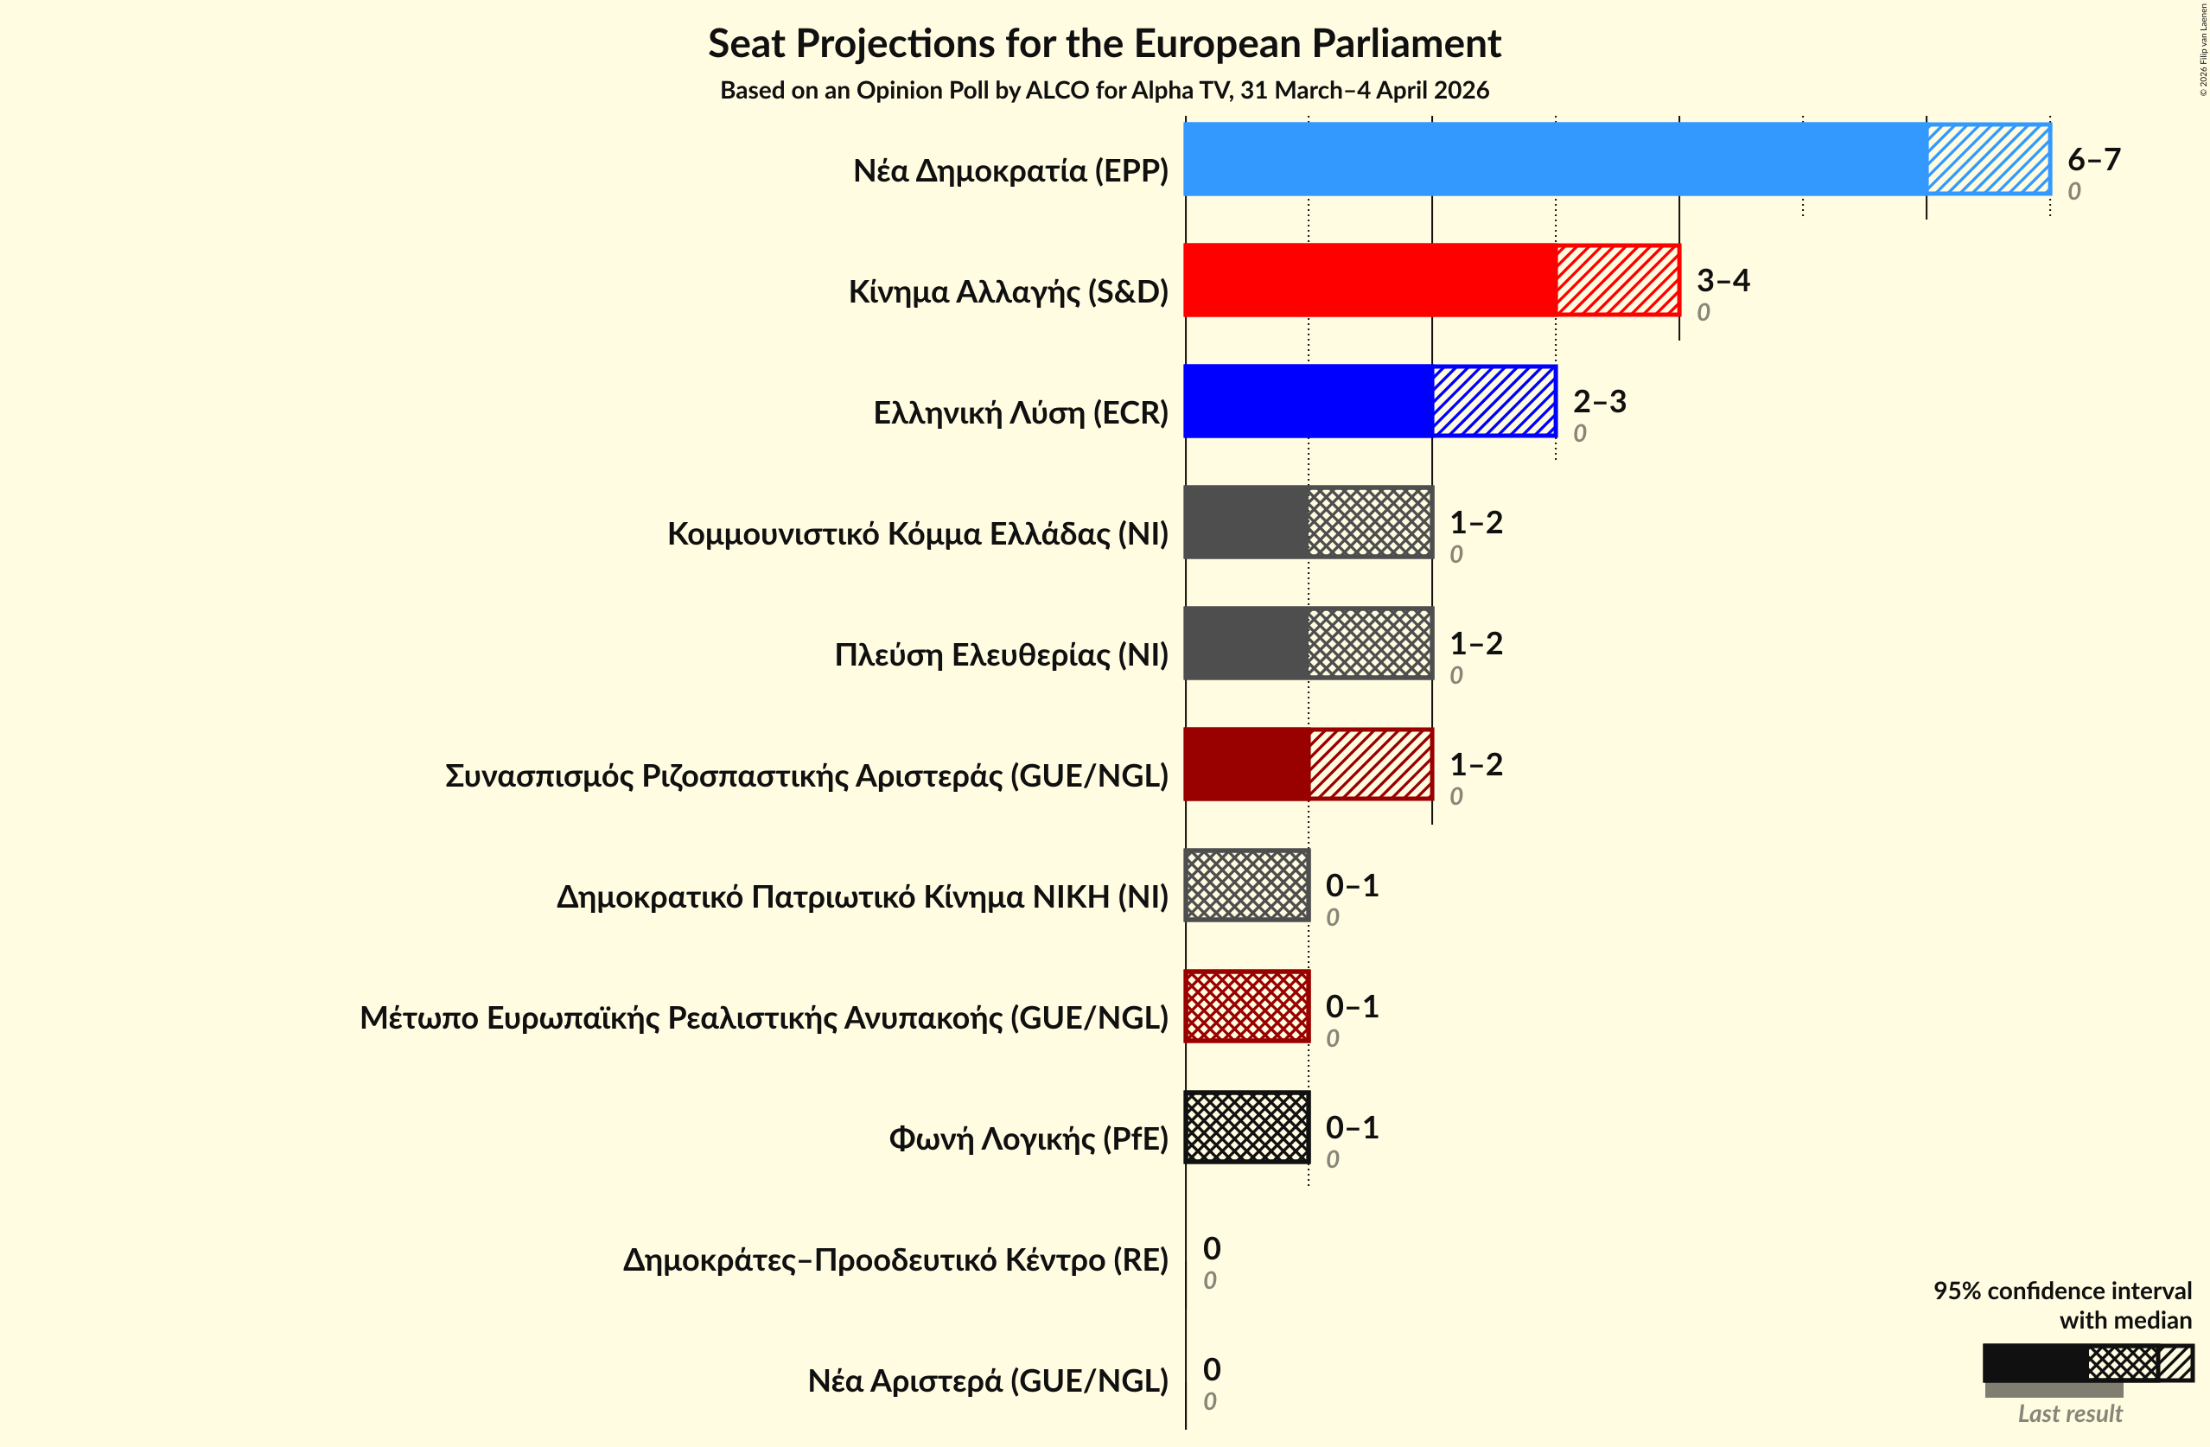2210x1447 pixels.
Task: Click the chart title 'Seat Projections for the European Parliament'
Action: click(1104, 43)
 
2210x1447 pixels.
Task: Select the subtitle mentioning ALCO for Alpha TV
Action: click(1104, 90)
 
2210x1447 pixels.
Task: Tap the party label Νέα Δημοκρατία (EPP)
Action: click(1010, 171)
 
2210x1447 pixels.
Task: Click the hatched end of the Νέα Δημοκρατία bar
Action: click(1988, 159)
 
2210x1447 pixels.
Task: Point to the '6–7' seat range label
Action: click(2094, 159)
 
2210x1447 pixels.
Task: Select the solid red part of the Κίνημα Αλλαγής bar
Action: click(1370, 279)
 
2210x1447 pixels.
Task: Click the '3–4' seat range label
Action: click(1723, 279)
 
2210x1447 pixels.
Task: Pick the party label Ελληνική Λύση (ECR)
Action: click(1021, 412)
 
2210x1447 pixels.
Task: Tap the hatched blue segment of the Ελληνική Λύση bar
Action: click(1494, 400)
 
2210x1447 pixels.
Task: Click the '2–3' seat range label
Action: click(1599, 401)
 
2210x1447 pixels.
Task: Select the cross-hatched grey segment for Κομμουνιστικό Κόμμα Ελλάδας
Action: click(1370, 522)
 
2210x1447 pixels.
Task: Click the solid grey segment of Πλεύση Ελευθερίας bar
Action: click(1246, 643)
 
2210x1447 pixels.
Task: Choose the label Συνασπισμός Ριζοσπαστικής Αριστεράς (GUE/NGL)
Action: click(806, 775)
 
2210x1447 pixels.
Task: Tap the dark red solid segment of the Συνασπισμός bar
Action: click(1246, 764)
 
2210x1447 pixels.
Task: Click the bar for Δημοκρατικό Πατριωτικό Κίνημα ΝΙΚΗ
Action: click(1246, 885)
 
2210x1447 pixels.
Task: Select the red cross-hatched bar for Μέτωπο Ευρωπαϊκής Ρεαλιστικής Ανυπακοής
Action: click(1246, 1006)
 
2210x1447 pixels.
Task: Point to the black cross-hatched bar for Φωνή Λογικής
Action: click(1246, 1127)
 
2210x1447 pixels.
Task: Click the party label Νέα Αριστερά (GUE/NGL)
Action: click(987, 1381)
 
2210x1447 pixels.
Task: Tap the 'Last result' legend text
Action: click(2070, 1413)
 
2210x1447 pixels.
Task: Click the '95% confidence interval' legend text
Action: click(2061, 1291)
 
